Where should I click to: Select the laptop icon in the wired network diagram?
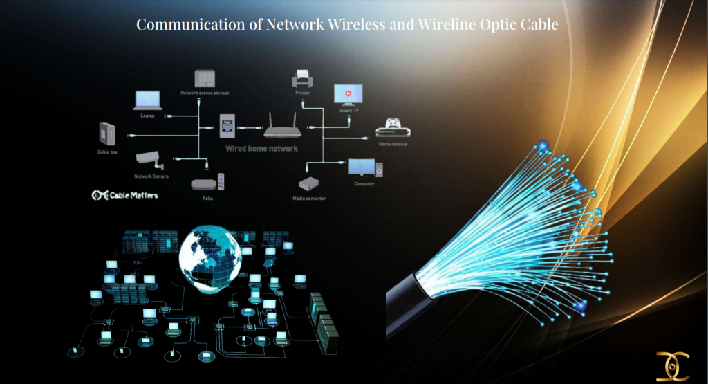[147, 100]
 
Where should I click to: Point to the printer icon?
[301, 77]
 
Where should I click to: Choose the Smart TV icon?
[348, 94]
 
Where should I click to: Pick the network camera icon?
[150, 161]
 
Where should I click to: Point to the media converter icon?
[308, 184]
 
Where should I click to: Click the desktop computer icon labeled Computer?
[363, 168]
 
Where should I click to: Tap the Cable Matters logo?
[125, 195]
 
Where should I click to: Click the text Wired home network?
[262, 148]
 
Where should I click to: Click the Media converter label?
[309, 199]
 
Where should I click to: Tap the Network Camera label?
[151, 176]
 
